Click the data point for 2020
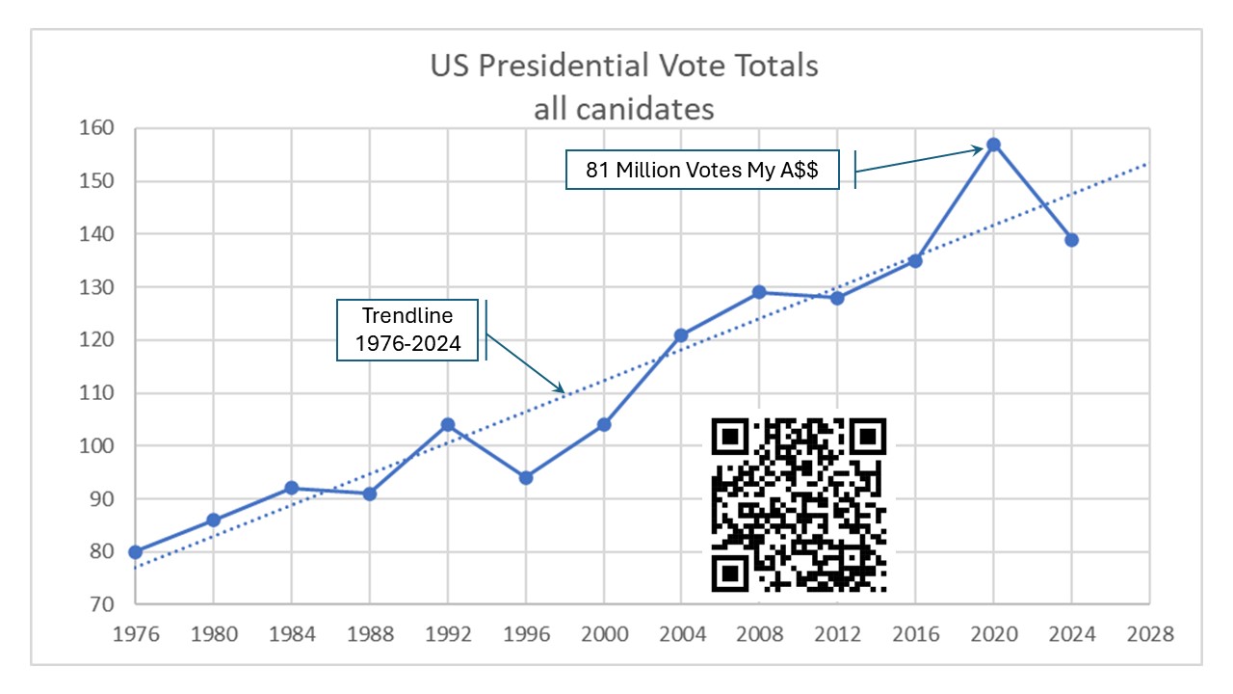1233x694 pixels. click(x=993, y=145)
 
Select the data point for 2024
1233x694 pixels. click(x=1071, y=240)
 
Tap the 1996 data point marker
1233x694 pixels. click(x=526, y=478)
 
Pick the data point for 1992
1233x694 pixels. click(x=448, y=425)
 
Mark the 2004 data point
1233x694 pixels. click(x=681, y=335)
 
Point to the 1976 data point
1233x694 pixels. click(x=136, y=552)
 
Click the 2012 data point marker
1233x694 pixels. click(x=837, y=298)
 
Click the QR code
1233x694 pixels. click(x=799, y=504)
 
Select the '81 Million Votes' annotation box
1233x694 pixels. click(x=702, y=171)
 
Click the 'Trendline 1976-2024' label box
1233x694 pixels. click(x=407, y=331)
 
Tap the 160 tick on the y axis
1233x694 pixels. click(x=96, y=128)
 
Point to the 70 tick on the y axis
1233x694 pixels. click(x=101, y=605)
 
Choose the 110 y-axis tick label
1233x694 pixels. click(x=96, y=393)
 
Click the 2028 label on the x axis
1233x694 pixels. click(x=1149, y=634)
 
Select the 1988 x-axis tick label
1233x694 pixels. click(x=370, y=634)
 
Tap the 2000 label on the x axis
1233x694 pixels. click(x=603, y=634)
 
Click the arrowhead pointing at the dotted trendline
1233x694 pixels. click(x=562, y=387)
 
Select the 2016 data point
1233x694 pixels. click(x=915, y=260)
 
